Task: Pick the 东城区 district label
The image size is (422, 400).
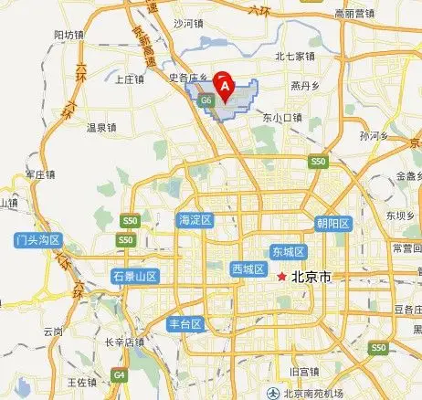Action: [x=289, y=251]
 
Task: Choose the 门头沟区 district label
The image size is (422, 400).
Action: [x=37, y=241]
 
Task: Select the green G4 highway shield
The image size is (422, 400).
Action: [x=119, y=374]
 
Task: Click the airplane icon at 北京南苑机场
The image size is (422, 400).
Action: [x=273, y=392]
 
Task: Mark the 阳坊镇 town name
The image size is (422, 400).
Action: [x=69, y=35]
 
